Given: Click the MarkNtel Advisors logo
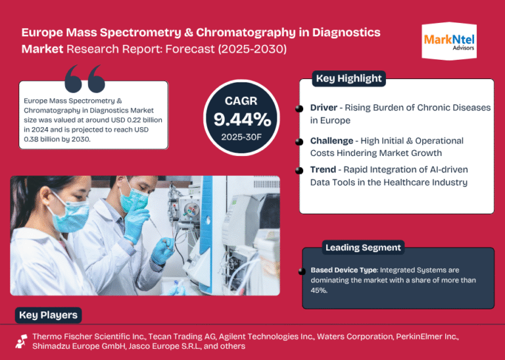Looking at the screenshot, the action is point(449,41).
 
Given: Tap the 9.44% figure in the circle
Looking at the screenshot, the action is point(242,120).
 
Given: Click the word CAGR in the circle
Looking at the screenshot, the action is point(241,101).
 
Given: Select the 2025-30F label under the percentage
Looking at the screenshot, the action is point(241,137).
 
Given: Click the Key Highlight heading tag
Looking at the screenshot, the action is point(349,78).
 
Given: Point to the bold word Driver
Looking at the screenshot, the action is point(324,108).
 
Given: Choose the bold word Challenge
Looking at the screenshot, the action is point(331,141).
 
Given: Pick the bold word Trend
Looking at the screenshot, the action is point(322,170).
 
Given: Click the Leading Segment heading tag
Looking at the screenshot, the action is point(363,247).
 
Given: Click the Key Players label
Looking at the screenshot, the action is point(48,315).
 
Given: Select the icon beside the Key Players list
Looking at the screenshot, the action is point(21,342).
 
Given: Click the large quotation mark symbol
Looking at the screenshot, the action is point(85,78).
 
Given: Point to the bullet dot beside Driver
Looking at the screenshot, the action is point(299,109).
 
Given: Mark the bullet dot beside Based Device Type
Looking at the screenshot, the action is point(302,271).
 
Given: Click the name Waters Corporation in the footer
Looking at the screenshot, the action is point(355,337).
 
